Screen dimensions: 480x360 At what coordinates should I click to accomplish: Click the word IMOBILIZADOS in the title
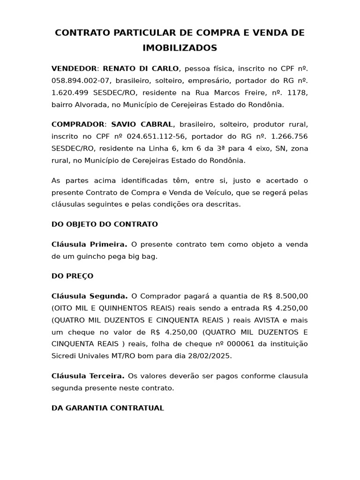point(180,48)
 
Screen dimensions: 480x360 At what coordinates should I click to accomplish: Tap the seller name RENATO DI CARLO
point(141,68)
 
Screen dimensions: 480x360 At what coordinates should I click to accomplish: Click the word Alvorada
point(95,105)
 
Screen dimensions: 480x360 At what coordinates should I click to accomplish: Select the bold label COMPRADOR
point(78,124)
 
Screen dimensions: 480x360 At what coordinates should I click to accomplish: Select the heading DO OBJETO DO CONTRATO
point(105,224)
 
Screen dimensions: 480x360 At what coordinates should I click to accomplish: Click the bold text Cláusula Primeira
point(89,244)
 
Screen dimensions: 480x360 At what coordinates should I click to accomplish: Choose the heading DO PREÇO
point(72,276)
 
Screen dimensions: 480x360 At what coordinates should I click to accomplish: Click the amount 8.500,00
point(290,296)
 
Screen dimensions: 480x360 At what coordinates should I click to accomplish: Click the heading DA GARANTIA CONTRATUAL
point(108,408)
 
